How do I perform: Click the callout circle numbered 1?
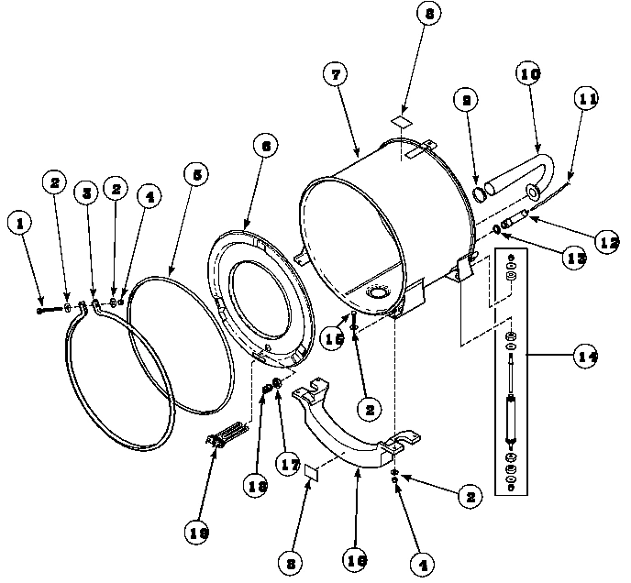(x=18, y=221)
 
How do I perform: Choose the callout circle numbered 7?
(x=335, y=75)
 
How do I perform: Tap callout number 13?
(x=574, y=259)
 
